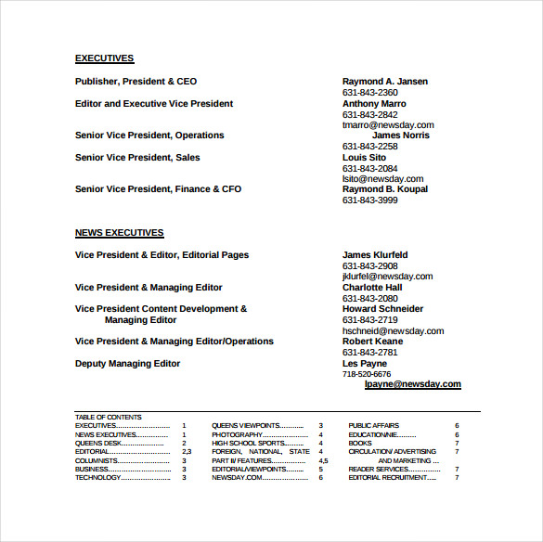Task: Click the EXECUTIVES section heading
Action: (x=104, y=58)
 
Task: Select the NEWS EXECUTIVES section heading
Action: (x=119, y=233)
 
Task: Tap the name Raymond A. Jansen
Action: (x=384, y=82)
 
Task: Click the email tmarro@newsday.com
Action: (x=387, y=125)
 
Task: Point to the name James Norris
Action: (x=400, y=135)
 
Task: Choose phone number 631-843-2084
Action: (x=369, y=168)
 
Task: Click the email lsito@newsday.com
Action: (x=382, y=179)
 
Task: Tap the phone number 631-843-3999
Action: (x=369, y=200)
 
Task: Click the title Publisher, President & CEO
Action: (x=136, y=82)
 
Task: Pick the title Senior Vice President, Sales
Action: (x=137, y=158)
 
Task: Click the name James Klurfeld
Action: (x=375, y=255)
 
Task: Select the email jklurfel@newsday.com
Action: (x=387, y=277)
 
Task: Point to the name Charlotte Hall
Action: (x=371, y=288)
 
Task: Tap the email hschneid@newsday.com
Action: (x=393, y=331)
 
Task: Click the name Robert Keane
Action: (x=372, y=342)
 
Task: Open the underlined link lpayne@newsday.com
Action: (x=412, y=384)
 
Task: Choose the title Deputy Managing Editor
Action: (x=127, y=364)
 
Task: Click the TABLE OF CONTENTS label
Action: (x=108, y=418)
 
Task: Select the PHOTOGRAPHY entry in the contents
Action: (x=239, y=434)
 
